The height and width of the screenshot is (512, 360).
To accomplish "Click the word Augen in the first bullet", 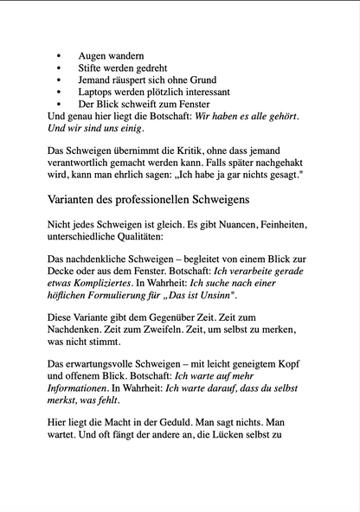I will click(x=93, y=54).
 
